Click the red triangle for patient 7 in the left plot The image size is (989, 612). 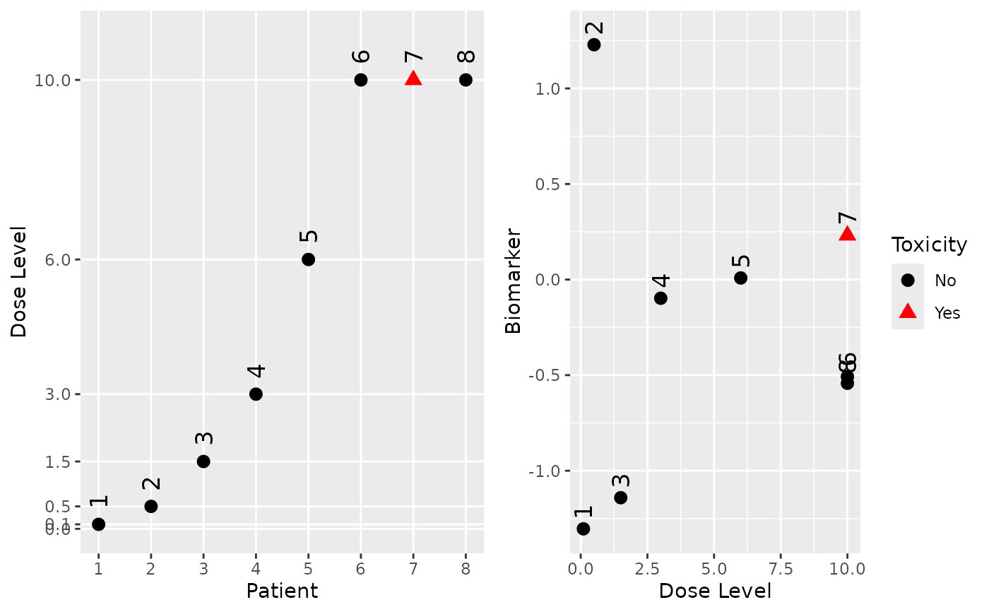click(x=413, y=78)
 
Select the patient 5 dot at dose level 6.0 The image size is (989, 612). click(x=308, y=259)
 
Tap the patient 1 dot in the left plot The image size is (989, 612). click(x=98, y=524)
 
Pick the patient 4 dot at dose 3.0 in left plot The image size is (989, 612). click(x=256, y=394)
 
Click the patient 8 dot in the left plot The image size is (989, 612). click(x=466, y=80)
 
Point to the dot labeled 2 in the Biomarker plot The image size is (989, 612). click(x=594, y=45)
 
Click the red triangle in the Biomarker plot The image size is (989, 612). click(x=847, y=234)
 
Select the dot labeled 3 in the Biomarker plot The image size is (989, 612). click(x=621, y=498)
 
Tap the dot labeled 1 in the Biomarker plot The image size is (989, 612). click(x=584, y=529)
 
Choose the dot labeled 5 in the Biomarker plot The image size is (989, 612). click(x=740, y=278)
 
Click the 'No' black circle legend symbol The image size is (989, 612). click(x=908, y=281)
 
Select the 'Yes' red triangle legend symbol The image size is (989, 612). click(x=908, y=312)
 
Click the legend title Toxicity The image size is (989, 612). click(x=929, y=245)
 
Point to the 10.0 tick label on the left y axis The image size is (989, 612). click(x=52, y=81)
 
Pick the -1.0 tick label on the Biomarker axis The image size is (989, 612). click(x=543, y=471)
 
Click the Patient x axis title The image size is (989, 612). click(x=281, y=591)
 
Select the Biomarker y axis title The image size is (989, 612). click(x=513, y=281)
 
